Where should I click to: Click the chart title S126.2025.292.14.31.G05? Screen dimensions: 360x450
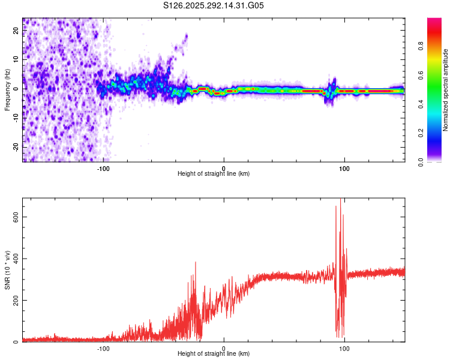214,6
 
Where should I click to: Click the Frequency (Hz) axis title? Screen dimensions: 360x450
7,90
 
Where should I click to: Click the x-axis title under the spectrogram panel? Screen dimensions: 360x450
214,173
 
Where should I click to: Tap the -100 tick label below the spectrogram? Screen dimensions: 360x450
103,168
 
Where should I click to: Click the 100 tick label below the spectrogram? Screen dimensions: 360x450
344,168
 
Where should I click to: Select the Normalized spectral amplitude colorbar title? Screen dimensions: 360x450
446,90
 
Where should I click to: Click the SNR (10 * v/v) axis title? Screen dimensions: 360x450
7,270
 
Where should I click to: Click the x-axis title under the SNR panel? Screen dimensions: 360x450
214,353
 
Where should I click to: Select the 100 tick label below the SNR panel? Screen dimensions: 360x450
344,348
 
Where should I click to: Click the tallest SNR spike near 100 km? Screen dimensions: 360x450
341,200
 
